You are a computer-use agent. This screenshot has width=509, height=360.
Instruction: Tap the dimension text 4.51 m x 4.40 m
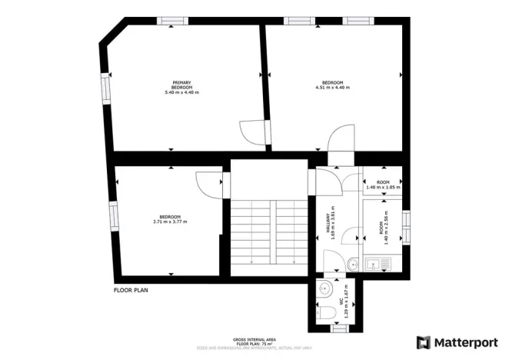point(332,88)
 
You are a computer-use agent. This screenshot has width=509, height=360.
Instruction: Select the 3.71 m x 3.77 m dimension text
point(170,222)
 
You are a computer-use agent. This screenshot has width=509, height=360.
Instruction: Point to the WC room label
point(341,308)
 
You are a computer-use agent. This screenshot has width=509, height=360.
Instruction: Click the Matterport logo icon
point(423,342)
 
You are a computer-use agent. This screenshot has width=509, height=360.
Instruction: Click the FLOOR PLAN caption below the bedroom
point(131,291)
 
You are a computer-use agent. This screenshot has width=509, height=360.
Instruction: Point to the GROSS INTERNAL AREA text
point(254,338)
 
